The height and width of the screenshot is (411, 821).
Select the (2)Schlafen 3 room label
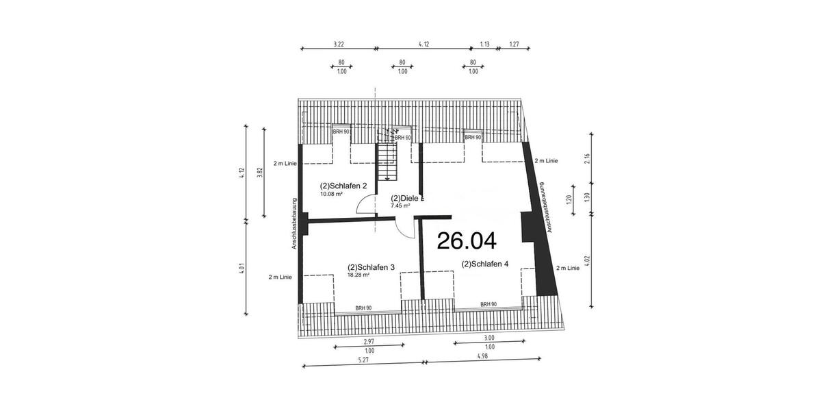371,267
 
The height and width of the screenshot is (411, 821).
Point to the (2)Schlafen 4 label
485,264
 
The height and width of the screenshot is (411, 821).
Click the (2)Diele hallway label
403,198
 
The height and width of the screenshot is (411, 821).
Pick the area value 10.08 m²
331,194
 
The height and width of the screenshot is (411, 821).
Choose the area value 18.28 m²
359,275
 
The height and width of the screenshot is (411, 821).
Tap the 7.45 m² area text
400,206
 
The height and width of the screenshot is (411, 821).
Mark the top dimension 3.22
338,44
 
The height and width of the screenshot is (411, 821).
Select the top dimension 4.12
423,44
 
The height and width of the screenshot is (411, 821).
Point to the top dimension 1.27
514,44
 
